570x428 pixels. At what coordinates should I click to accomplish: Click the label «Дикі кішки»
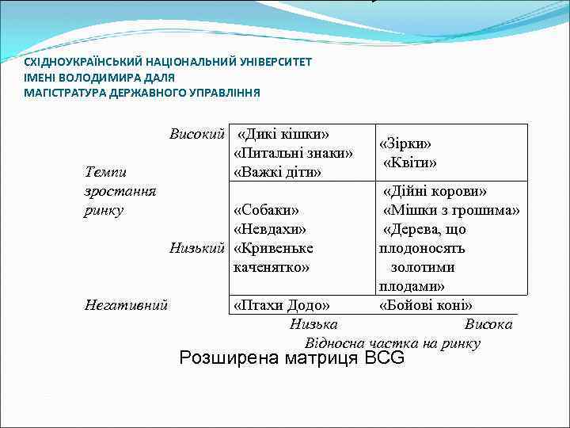coord(283,133)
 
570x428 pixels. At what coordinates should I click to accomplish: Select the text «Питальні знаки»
coord(293,152)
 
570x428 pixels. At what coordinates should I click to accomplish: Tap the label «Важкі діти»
coord(277,171)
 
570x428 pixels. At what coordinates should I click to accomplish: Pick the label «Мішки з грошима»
coord(451,210)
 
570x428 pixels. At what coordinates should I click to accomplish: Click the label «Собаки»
coord(266,210)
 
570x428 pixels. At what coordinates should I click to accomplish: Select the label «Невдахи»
coord(269,229)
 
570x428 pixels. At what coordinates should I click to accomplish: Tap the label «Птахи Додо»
coord(282,305)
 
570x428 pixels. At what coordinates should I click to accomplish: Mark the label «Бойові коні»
coord(426,305)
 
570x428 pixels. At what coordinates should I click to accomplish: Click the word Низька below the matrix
coord(313,324)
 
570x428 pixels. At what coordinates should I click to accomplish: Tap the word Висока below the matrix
coord(488,324)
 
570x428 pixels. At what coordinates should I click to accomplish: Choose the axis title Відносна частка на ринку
coord(392,343)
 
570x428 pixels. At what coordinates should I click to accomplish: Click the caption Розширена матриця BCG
coord(291,358)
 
